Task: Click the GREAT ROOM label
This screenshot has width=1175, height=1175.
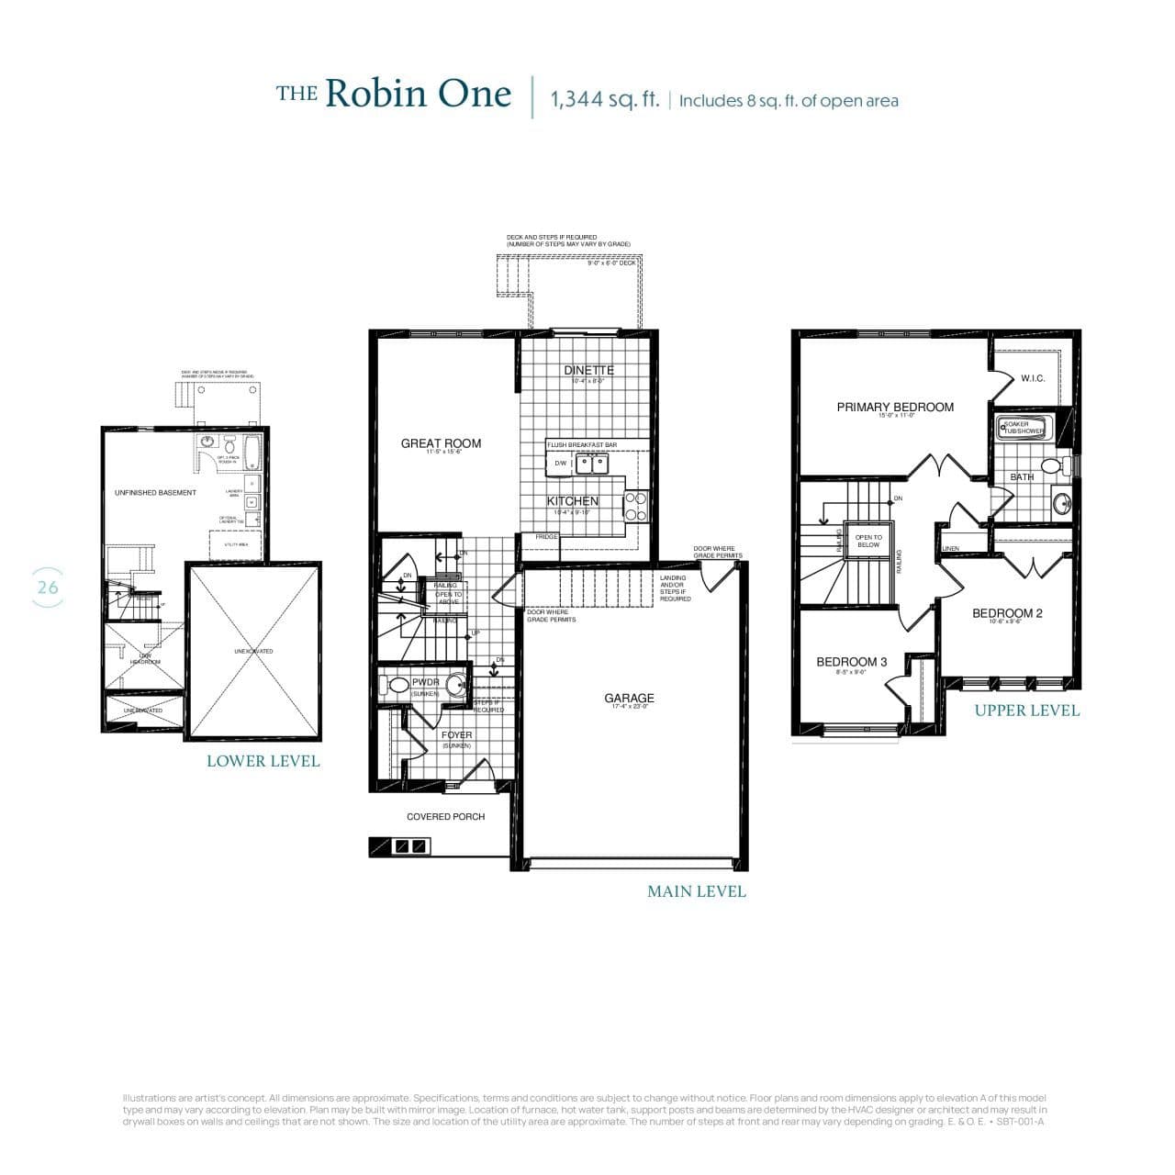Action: pyautogui.click(x=441, y=443)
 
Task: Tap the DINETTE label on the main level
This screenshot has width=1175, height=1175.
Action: pyautogui.click(x=588, y=370)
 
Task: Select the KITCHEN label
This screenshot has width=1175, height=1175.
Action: pyautogui.click(x=573, y=501)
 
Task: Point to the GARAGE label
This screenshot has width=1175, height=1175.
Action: pyautogui.click(x=629, y=699)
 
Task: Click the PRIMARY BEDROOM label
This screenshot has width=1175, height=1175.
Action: pyautogui.click(x=895, y=407)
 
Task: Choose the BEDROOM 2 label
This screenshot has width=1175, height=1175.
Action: pyautogui.click(x=1007, y=613)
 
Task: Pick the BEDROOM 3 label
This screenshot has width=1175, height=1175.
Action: pyautogui.click(x=852, y=662)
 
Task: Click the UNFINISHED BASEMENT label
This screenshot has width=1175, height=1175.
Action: pyautogui.click(x=155, y=493)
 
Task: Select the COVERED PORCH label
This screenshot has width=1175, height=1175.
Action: pyautogui.click(x=445, y=816)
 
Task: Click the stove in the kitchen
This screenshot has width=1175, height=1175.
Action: pyautogui.click(x=636, y=506)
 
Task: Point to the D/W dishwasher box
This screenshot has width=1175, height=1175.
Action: pyautogui.click(x=560, y=464)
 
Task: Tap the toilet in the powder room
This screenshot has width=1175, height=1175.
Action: pyautogui.click(x=397, y=685)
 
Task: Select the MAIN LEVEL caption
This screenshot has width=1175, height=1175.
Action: pyautogui.click(x=696, y=891)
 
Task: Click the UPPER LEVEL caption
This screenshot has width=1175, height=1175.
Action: pyautogui.click(x=1026, y=711)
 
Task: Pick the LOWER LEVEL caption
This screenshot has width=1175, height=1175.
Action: pyautogui.click(x=263, y=761)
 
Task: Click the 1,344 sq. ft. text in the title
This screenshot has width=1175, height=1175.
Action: pyautogui.click(x=605, y=99)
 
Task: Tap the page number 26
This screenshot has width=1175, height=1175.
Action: pyautogui.click(x=47, y=587)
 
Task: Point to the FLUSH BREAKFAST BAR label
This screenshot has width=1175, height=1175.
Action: pyautogui.click(x=582, y=445)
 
